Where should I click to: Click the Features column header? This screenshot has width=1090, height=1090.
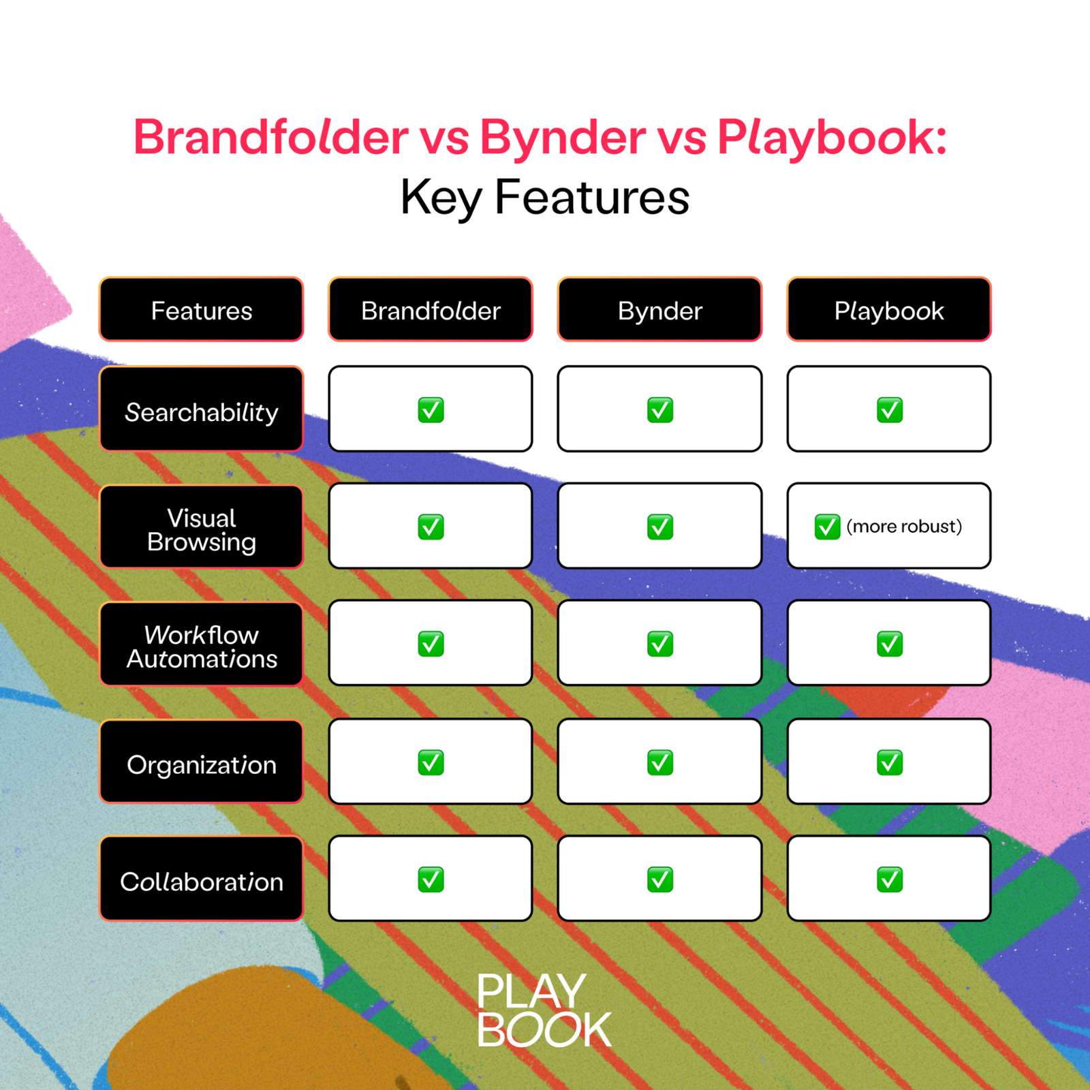(x=202, y=311)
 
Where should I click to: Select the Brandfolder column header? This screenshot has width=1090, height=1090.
(x=431, y=311)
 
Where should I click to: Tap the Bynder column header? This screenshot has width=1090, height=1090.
(x=659, y=311)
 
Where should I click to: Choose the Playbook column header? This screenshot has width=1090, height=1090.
(x=889, y=311)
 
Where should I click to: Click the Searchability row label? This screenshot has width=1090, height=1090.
(x=202, y=411)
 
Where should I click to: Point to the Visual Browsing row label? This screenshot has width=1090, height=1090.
(x=202, y=529)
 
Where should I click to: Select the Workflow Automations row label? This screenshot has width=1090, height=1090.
(x=202, y=647)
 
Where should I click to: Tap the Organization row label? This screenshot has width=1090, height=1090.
(x=202, y=764)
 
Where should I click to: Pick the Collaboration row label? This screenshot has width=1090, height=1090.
(x=202, y=882)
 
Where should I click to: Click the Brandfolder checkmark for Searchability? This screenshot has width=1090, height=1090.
(x=431, y=410)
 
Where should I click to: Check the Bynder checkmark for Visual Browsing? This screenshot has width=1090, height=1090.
(x=659, y=527)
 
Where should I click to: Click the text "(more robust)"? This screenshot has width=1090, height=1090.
(x=904, y=527)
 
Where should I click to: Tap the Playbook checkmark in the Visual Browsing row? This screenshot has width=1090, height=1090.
(x=827, y=527)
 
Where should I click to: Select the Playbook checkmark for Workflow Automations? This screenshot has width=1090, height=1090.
(x=889, y=644)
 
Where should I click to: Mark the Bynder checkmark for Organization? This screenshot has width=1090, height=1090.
(x=659, y=762)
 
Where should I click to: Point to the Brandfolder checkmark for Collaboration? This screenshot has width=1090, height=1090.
(x=431, y=879)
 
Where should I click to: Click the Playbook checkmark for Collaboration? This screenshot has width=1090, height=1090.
(x=889, y=879)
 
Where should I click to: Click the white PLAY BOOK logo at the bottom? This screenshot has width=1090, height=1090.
(x=544, y=1010)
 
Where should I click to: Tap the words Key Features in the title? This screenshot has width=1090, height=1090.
(x=545, y=198)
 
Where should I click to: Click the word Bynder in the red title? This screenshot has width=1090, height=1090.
(x=563, y=138)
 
